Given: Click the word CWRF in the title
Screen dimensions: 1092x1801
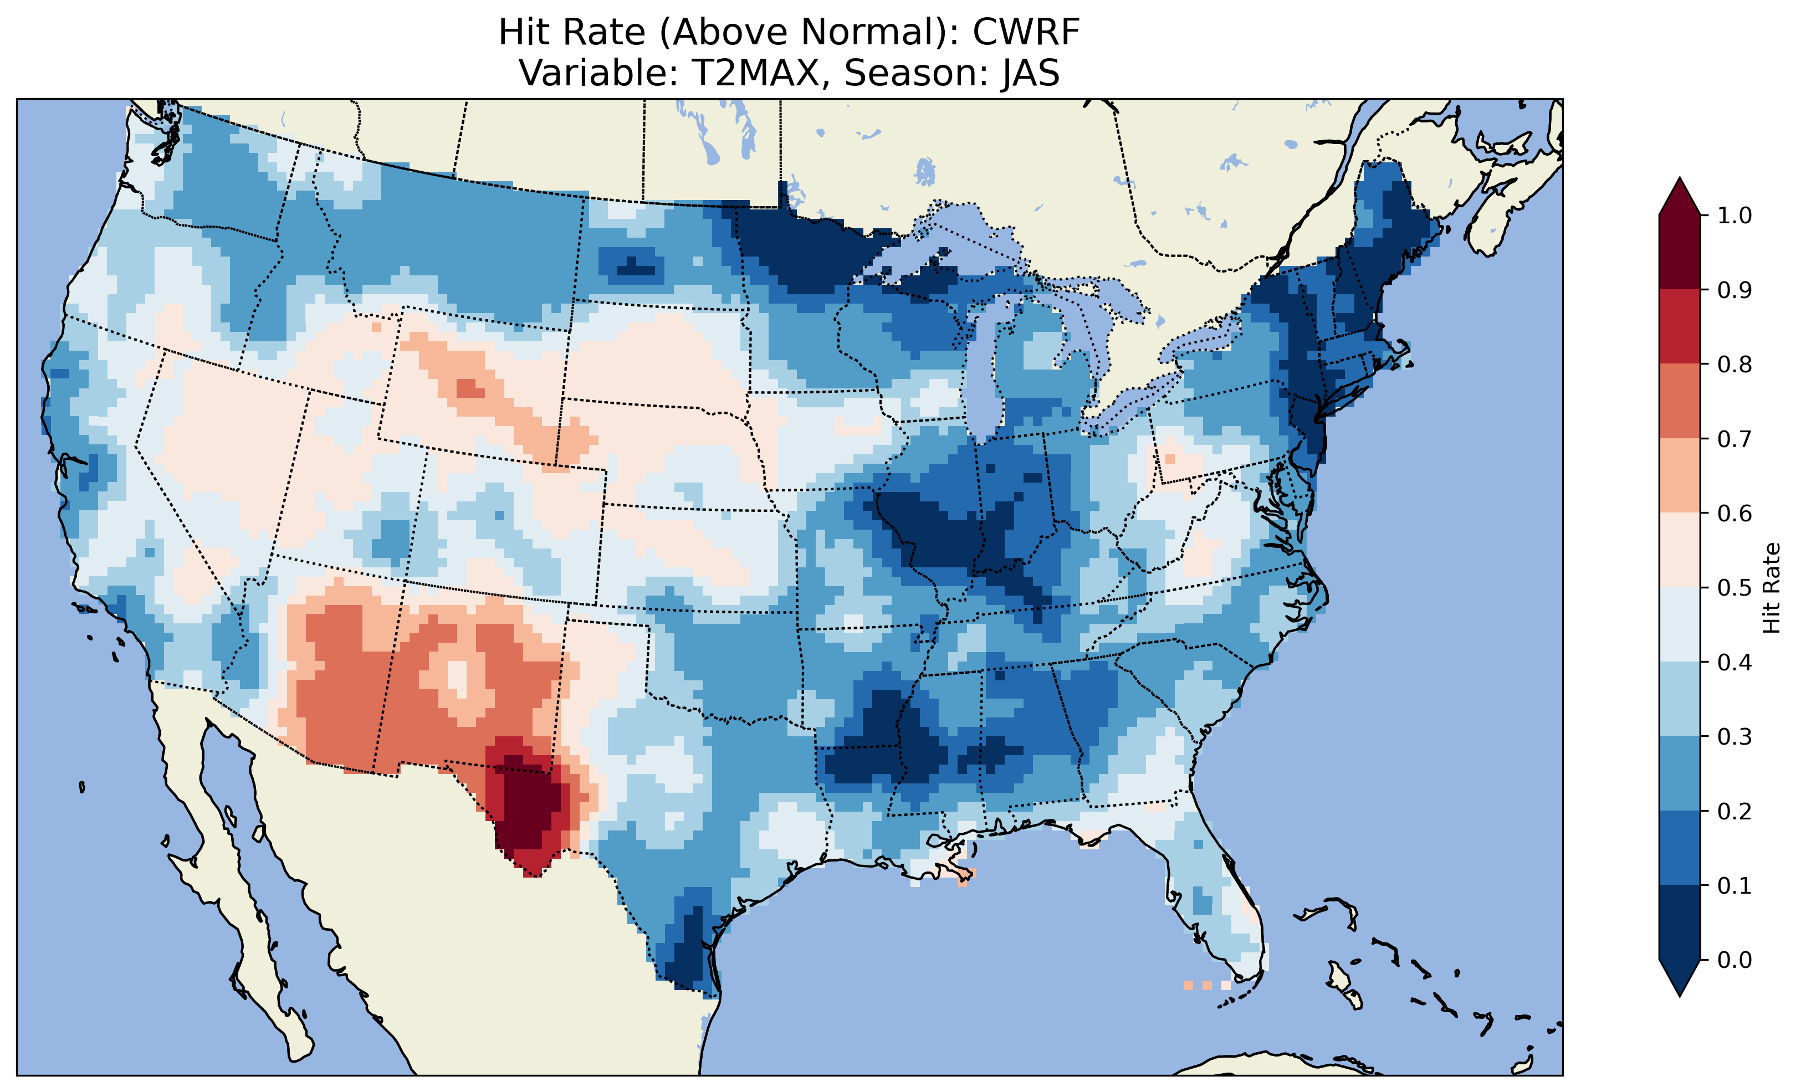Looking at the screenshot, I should tap(1026, 32).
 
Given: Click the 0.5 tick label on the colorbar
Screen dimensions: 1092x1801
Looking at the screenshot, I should tap(1734, 588).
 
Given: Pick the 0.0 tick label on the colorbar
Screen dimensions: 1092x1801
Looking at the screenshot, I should tap(1734, 960).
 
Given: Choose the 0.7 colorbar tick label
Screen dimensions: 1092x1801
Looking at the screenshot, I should tap(1734, 439).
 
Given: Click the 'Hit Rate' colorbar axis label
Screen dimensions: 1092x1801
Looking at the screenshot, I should tap(1771, 588).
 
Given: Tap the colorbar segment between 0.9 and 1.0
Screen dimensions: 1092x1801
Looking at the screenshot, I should tap(1679, 252).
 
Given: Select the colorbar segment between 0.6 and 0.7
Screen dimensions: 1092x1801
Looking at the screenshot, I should tap(1679, 476).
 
